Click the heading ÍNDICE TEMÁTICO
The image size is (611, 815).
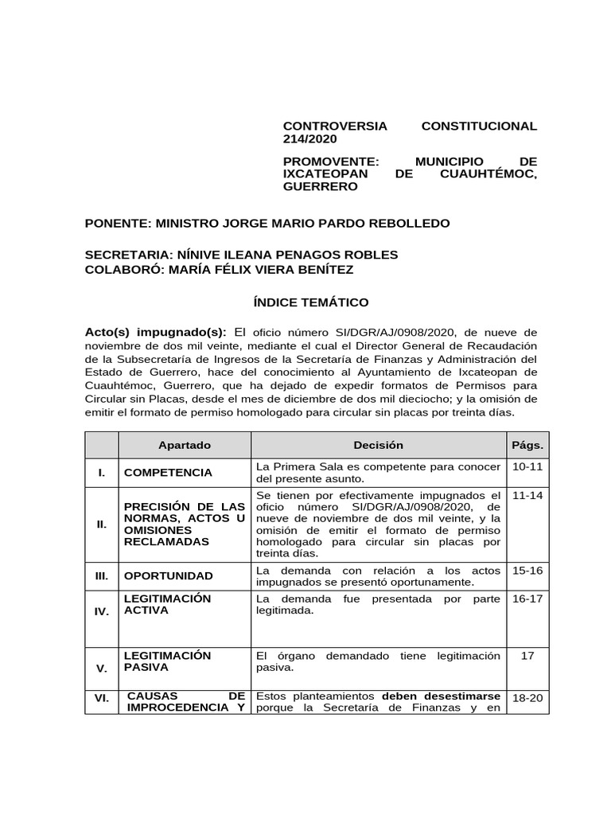coord(305,302)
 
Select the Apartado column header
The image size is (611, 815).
coord(185,445)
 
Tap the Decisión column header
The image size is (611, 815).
coord(378,445)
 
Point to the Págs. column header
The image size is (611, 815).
coord(527,445)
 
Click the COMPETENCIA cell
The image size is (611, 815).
coord(168,472)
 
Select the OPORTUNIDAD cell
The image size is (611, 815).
coord(169,575)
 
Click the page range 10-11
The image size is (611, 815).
coord(527,466)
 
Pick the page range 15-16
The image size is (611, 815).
coord(527,570)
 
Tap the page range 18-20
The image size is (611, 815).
coord(527,698)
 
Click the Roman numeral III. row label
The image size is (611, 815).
coord(102,575)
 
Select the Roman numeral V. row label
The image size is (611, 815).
coord(102,669)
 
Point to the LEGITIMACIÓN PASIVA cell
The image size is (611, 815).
coord(167,661)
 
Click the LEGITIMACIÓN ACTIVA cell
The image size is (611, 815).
coord(167,604)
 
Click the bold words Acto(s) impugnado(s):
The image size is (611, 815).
coord(156,331)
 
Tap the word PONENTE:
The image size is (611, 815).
coord(117,223)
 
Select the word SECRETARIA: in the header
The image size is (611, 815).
coord(126,255)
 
